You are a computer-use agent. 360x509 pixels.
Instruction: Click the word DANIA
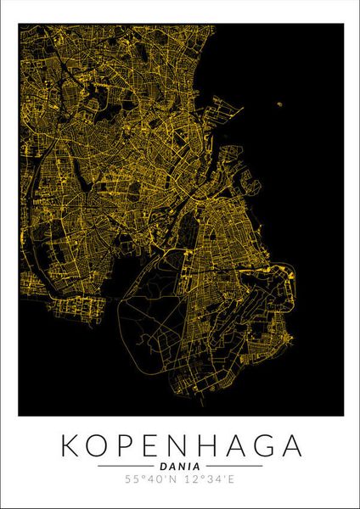[180, 466]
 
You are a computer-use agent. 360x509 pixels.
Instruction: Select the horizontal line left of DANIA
[127, 466]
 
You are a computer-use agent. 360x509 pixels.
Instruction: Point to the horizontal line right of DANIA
[233, 466]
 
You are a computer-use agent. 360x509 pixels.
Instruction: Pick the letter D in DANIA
[162, 466]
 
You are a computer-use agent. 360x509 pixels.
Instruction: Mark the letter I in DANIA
[188, 466]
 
